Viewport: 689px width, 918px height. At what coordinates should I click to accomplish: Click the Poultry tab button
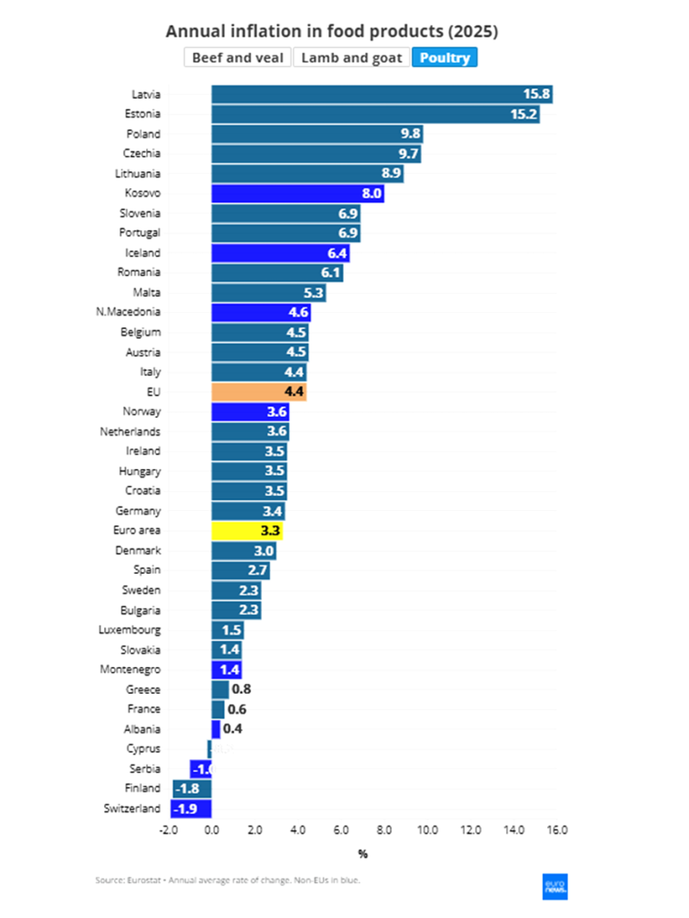[x=445, y=57]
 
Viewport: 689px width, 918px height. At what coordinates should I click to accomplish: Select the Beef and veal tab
[x=238, y=57]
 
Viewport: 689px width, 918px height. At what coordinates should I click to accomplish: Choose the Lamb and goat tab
[x=351, y=57]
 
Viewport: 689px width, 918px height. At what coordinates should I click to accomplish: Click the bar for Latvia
[x=381, y=94]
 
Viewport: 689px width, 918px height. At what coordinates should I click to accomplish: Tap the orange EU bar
[x=258, y=391]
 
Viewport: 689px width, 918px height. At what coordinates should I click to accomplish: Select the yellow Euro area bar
[x=247, y=530]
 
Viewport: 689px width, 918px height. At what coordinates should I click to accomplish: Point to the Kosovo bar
[x=297, y=193]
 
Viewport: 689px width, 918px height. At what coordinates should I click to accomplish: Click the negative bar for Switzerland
[x=191, y=808]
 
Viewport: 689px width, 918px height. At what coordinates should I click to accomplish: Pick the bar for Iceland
[x=280, y=253]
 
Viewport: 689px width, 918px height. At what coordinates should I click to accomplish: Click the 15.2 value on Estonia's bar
[x=524, y=114]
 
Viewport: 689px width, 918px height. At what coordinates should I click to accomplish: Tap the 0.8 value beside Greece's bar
[x=240, y=689]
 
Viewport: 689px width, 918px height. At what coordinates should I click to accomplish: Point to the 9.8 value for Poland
[x=410, y=134]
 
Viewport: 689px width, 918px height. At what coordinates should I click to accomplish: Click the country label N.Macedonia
[x=128, y=312]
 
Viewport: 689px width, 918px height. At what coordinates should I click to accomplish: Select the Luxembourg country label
[x=130, y=629]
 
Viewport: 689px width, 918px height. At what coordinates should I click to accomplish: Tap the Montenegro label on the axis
[x=130, y=669]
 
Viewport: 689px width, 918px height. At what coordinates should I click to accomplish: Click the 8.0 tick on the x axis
[x=384, y=830]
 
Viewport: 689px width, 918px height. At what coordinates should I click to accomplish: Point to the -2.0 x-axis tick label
[x=167, y=830]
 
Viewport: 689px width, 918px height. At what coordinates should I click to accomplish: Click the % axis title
[x=362, y=853]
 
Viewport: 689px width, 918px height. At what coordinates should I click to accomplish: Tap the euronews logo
[x=555, y=886]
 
